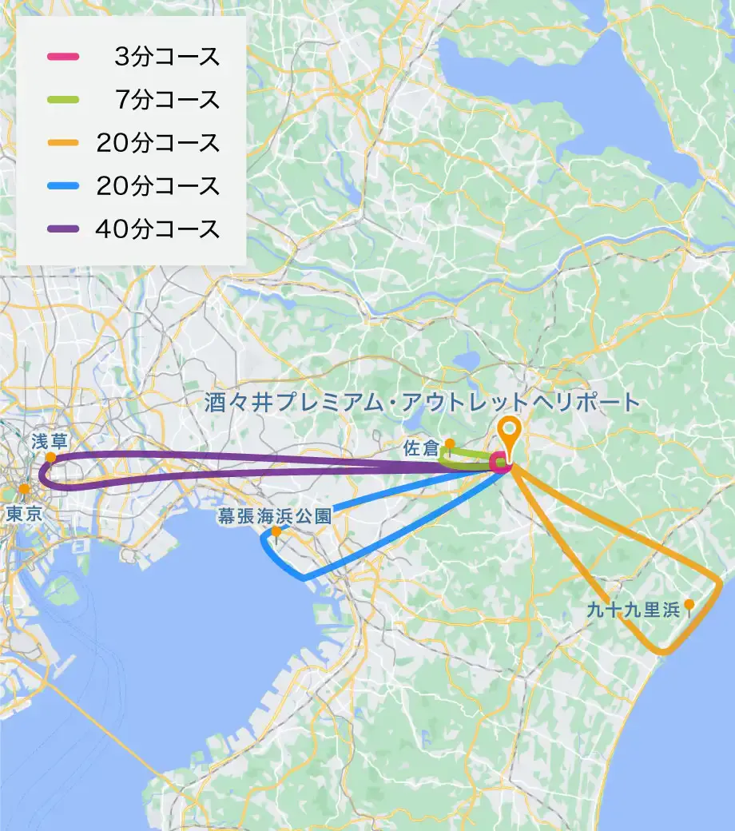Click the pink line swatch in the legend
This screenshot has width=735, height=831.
[x=62, y=57]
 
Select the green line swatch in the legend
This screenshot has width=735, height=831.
[x=62, y=100]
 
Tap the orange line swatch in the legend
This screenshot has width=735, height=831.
[x=62, y=143]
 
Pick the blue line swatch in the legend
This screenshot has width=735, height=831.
[x=62, y=186]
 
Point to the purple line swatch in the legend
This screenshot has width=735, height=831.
[x=62, y=229]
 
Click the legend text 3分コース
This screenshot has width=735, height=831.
[x=167, y=57]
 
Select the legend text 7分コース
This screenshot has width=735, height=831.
[x=167, y=100]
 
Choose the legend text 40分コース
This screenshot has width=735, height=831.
[x=157, y=229]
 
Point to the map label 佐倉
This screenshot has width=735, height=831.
[x=420, y=450]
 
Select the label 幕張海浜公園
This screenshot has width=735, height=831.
[x=274, y=517]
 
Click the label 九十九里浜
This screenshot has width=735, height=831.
[x=633, y=610]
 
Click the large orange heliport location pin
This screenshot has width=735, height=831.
[x=509, y=431]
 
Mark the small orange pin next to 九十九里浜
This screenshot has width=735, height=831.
[x=689, y=606]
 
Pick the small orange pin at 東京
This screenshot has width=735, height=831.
[x=24, y=489]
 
